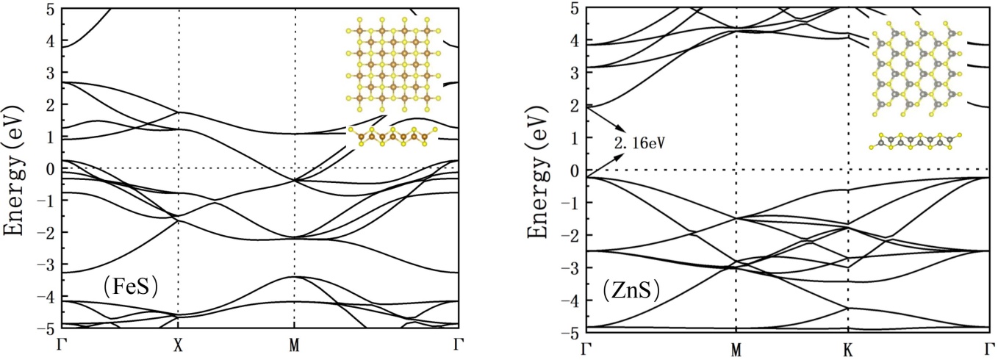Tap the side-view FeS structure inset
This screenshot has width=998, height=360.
(394, 137)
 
